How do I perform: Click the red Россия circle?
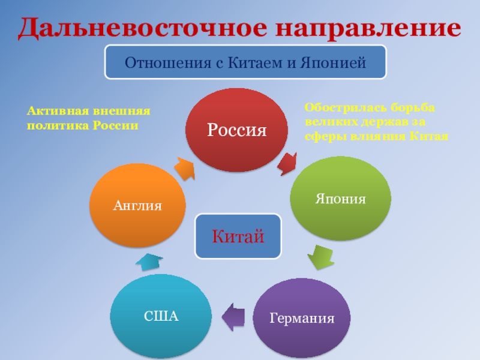[236, 130]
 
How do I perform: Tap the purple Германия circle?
[301, 317]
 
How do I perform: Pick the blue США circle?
[161, 316]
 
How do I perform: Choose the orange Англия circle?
[137, 205]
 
